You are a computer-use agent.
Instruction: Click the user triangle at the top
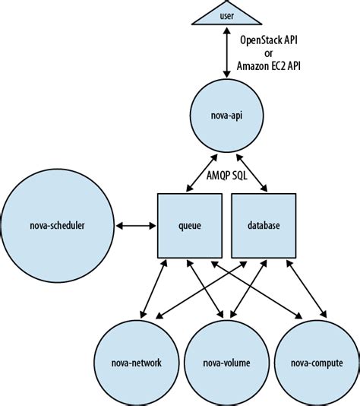pos(226,16)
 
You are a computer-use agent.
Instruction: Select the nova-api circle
pos(226,117)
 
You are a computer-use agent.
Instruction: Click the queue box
pos(190,225)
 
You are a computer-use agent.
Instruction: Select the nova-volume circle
pos(226,362)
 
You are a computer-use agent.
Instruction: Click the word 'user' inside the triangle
pos(226,14)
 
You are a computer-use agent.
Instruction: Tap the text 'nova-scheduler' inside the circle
pos(54,225)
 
